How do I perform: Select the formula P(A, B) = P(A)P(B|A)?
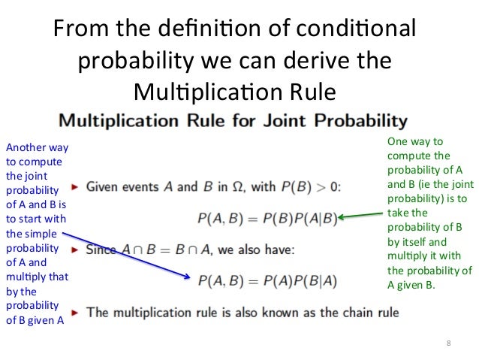[267, 280]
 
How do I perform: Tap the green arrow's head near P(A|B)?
[341, 217]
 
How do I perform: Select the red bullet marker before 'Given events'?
[75, 186]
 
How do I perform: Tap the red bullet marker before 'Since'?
[75, 249]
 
